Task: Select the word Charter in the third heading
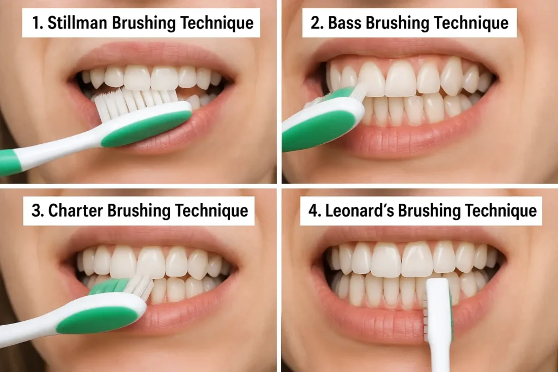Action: point(74,211)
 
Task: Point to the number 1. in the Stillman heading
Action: point(37,23)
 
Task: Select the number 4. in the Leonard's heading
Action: point(314,211)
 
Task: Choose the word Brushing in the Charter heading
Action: point(140,211)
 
